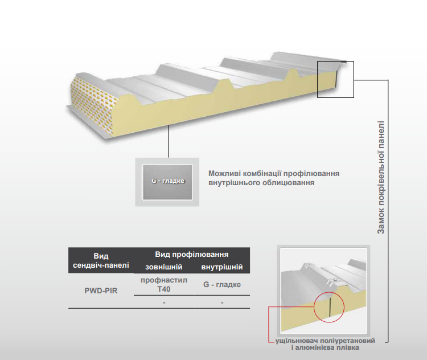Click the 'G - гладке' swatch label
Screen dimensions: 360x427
(169, 181)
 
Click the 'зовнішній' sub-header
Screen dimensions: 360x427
(164, 267)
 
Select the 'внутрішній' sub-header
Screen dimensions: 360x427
(221, 267)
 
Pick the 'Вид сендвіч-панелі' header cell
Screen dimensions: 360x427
(101, 260)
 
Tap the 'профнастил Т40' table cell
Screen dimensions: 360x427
(164, 285)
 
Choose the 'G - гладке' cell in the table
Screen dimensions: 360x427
(221, 284)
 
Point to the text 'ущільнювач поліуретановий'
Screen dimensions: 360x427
(325, 340)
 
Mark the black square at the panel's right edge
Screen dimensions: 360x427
(335, 79)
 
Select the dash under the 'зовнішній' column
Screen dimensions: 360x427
(164, 302)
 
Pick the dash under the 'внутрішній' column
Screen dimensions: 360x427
(221, 302)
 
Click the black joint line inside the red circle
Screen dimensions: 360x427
(329, 309)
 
